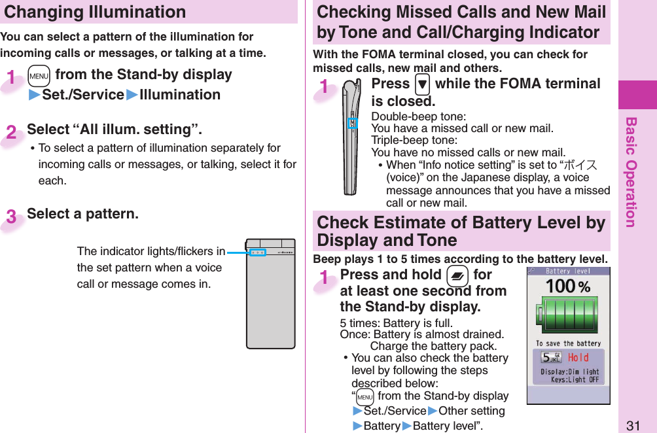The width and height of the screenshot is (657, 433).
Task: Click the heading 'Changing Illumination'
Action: point(95,12)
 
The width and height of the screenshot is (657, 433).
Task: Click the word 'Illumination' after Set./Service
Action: point(180,95)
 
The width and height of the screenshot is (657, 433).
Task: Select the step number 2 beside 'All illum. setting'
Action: point(12,132)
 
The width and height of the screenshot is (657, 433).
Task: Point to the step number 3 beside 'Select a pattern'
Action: point(12,217)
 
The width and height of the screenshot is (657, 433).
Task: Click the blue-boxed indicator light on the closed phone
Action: point(258,252)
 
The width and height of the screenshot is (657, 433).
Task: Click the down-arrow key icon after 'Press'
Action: point(421,84)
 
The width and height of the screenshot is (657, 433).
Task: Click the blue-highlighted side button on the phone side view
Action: point(352,123)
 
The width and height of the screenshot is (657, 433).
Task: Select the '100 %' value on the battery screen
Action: point(568,286)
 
